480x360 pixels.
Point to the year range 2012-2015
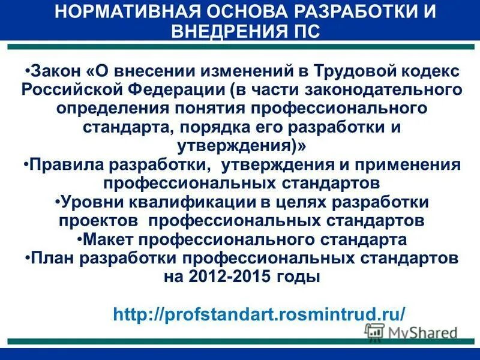231,277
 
